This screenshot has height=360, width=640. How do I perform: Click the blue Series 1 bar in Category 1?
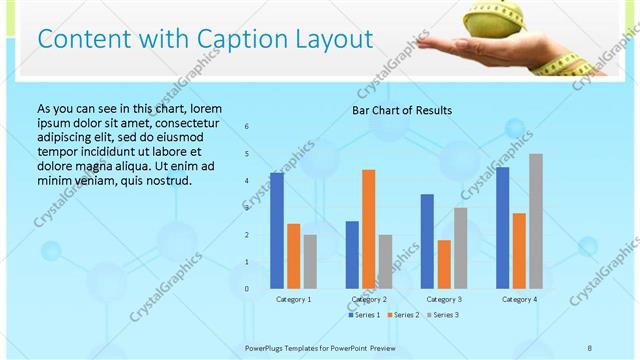click(277, 231)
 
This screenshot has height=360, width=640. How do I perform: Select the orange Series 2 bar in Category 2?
click(369, 229)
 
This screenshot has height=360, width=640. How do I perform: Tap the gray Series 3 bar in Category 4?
click(536, 221)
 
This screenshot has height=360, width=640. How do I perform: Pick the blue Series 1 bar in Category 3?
click(427, 241)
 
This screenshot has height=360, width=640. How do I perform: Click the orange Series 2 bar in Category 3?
click(444, 264)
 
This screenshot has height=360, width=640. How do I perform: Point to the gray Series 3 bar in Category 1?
click(310, 261)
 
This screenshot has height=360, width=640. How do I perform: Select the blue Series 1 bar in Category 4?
click(502, 228)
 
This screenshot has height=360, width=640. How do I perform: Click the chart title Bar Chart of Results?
click(401, 110)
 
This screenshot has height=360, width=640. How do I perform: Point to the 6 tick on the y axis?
click(247, 127)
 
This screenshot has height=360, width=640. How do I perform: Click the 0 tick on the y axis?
click(247, 289)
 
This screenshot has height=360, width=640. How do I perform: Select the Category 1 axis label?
click(293, 299)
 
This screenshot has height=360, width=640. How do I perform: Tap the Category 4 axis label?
click(519, 299)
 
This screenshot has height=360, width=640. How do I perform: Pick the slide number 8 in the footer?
click(590, 347)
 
